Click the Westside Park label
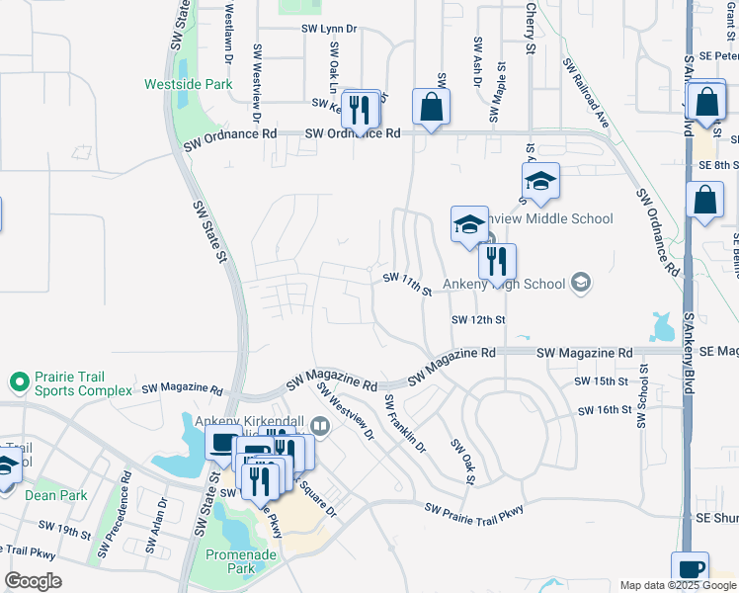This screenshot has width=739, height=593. (188, 84)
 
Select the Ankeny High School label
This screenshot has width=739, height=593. (504, 285)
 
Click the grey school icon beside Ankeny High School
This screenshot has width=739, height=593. (581, 284)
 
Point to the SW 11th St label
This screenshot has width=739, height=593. (407, 285)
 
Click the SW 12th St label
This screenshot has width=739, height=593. (478, 320)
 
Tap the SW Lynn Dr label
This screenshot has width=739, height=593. (329, 30)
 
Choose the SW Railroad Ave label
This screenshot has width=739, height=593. (587, 92)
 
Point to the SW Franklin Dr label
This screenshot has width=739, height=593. (404, 423)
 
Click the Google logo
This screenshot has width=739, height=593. (33, 581)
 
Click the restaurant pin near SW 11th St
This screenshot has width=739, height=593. (497, 261)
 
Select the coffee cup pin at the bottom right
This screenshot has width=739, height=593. (690, 568)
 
